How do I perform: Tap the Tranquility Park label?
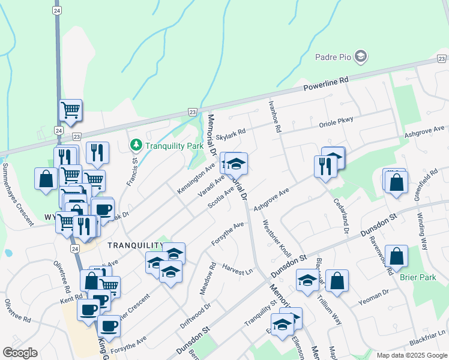point(174,145)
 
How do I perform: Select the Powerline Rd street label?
point(326,84)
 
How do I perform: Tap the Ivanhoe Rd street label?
point(275,117)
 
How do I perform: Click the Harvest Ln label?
point(237,269)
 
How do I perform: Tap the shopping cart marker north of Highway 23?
point(71,110)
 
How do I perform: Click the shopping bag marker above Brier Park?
point(396,256)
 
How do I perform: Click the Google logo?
point(20,353)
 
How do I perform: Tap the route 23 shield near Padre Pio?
point(442,58)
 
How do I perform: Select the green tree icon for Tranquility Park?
point(136,145)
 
